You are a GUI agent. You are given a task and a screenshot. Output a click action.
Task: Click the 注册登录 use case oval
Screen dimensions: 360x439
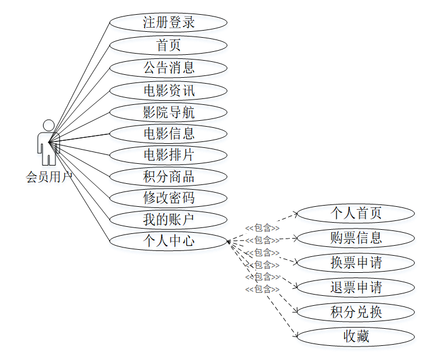[168, 23]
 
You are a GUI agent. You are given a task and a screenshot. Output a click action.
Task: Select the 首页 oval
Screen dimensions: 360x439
[168, 45]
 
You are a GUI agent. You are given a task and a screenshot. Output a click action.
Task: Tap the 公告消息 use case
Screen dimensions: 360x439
[168, 67]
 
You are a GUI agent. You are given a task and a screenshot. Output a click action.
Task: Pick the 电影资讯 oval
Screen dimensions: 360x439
[168, 90]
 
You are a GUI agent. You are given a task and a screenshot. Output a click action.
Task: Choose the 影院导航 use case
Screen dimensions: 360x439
[168, 112]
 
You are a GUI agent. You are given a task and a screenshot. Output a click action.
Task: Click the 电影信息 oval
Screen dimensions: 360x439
[168, 133]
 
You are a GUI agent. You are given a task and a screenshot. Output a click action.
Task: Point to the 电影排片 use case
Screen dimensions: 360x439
[168, 155]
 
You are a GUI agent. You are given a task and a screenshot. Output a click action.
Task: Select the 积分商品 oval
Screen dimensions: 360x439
[168, 176]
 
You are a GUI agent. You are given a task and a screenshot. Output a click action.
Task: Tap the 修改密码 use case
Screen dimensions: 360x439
[168, 197]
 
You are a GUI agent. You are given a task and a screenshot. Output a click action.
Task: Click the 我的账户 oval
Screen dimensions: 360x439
[168, 219]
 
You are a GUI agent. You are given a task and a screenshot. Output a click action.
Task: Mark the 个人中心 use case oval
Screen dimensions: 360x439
[168, 240]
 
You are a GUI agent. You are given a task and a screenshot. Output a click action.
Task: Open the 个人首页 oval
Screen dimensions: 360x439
[355, 213]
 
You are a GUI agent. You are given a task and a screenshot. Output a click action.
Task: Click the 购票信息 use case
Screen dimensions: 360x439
[355, 238]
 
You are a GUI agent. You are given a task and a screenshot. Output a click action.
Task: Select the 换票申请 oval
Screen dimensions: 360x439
[355, 263]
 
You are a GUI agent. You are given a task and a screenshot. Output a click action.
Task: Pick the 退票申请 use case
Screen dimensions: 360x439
[355, 288]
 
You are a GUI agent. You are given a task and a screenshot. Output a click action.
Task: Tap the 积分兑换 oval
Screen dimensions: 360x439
[355, 312]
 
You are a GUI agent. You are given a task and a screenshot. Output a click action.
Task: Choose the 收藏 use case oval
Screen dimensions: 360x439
[355, 337]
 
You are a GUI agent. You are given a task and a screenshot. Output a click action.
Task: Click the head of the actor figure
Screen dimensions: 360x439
[49, 125]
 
